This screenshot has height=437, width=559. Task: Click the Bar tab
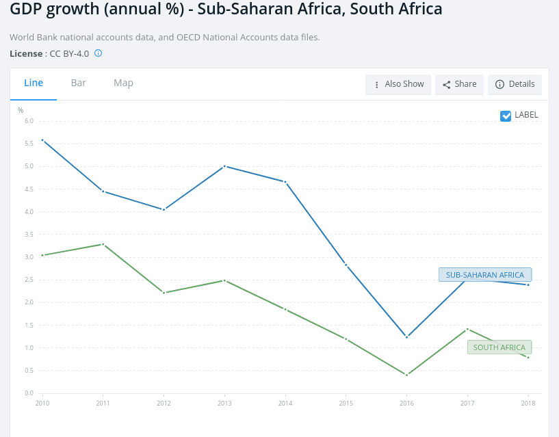coord(78,83)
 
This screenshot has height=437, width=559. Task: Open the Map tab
coord(123,83)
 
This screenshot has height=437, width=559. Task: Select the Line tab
coord(34,83)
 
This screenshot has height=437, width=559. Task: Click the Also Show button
coord(398,84)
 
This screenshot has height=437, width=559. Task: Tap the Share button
coord(459,84)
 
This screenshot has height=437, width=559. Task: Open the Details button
coord(515,84)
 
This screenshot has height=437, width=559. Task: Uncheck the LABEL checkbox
coord(506,116)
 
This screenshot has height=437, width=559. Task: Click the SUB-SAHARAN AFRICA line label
coord(485,275)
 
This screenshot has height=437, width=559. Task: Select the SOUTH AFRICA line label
coord(499,347)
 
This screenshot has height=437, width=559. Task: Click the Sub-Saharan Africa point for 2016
coord(406,337)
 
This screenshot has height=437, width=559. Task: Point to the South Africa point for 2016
coord(406,375)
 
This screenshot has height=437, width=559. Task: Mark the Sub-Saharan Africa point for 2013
coord(224,166)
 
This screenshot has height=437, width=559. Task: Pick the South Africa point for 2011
coord(103,244)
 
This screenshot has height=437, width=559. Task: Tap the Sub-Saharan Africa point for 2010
coord(42,140)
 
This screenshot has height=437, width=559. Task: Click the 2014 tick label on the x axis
coord(285,403)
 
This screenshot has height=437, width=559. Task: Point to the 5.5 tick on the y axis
coord(29,144)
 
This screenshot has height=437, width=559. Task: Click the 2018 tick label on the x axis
coord(528,403)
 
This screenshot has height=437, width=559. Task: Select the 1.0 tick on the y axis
coord(29,347)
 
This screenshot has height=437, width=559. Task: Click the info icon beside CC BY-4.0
coord(98,53)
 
